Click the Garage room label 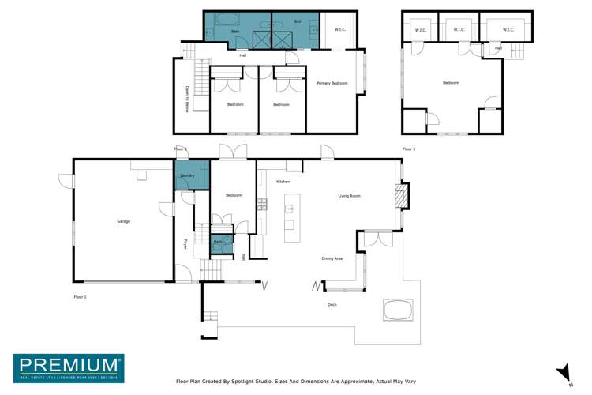point(123,221)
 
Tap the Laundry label point(187,175)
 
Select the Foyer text point(186,244)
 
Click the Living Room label point(349,196)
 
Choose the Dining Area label point(332,258)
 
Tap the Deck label point(332,304)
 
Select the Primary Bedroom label point(332,83)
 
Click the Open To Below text point(187,99)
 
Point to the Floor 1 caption point(80,296)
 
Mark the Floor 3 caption point(408,149)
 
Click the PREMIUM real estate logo point(68,367)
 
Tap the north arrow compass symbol point(564,373)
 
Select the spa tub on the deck point(398,309)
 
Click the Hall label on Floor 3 point(498,48)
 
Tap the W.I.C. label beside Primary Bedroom point(340,30)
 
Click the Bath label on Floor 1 point(217,242)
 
